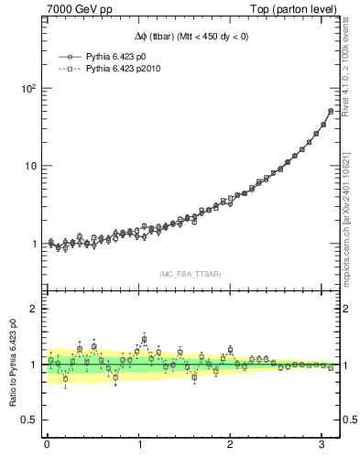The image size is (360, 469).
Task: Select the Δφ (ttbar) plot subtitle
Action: tap(190, 36)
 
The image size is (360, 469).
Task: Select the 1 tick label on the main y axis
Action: tap(33, 244)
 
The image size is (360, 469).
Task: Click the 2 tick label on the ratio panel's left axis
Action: tap(33, 309)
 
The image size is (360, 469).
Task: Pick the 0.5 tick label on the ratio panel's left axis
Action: tap(28, 420)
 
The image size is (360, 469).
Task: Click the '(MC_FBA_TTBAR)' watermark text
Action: tap(190, 273)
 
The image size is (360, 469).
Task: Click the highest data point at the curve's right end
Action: tap(331, 111)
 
